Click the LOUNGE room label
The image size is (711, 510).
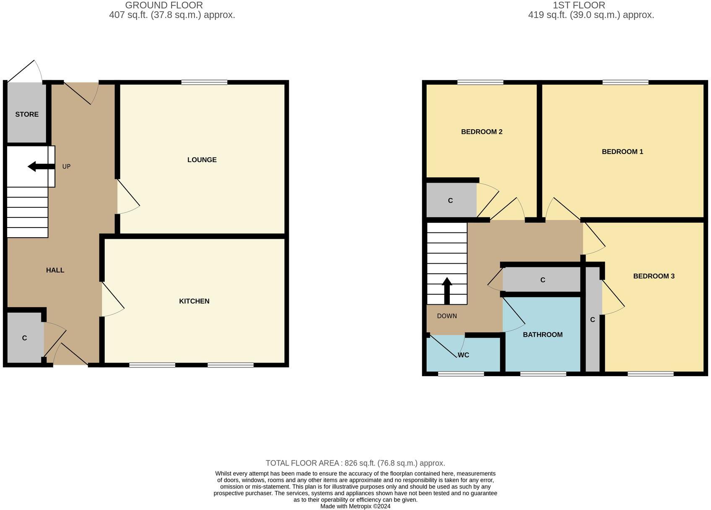point(202,160)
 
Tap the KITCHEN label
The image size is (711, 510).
point(194,301)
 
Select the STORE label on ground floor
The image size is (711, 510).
point(27,115)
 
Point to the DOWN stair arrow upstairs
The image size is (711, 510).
point(447,290)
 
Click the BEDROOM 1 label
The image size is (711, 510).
point(622,152)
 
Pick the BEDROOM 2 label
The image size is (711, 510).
point(481,132)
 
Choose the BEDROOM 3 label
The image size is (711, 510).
point(654,276)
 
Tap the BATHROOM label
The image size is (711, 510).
point(542,335)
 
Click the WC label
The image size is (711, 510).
point(463,355)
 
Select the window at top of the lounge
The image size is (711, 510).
point(204,82)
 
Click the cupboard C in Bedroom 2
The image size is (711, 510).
point(451,201)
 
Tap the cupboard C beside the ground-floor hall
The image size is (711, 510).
point(24,338)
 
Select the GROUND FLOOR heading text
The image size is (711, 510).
point(164,5)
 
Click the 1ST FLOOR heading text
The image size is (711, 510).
point(579,5)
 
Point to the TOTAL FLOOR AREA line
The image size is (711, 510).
point(355,463)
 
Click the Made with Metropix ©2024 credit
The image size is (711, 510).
point(355,506)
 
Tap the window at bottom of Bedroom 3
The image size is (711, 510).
point(650,374)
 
